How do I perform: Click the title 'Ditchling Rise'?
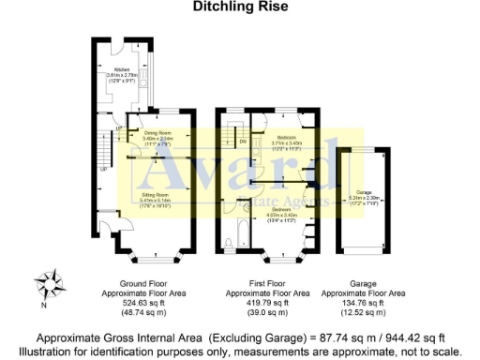click(239, 7)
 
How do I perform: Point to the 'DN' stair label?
click(244, 142)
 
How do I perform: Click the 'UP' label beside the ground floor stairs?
click(104, 171)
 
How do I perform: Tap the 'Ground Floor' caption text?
click(142, 282)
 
